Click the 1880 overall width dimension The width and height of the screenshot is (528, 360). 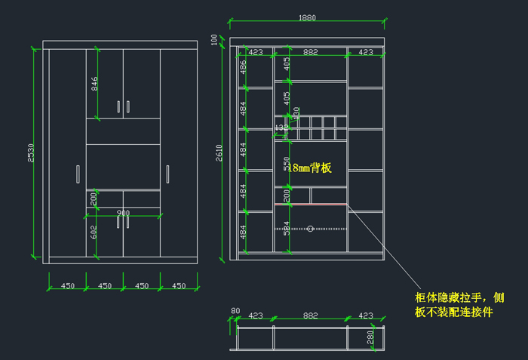(x=307, y=18)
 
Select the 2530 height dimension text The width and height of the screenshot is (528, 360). (x=31, y=153)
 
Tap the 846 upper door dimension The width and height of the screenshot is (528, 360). (x=95, y=84)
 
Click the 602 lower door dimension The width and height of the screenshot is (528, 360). (x=94, y=232)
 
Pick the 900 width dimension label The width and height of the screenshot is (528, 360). (x=123, y=214)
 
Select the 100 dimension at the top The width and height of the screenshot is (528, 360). (x=214, y=38)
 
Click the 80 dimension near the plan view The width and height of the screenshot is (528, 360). (x=235, y=310)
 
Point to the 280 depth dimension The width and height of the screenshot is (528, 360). (x=370, y=337)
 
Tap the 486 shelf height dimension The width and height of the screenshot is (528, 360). (x=243, y=66)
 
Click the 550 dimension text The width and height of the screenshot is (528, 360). (x=287, y=165)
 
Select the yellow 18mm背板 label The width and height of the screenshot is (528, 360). (x=309, y=168)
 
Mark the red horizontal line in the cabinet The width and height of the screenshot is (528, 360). (x=311, y=204)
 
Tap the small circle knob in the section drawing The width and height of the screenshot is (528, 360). (x=310, y=228)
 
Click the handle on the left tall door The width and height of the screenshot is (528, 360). (x=78, y=174)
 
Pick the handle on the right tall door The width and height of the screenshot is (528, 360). (x=167, y=174)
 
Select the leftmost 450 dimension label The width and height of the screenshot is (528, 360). (x=67, y=286)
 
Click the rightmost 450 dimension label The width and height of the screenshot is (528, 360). (x=179, y=286)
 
